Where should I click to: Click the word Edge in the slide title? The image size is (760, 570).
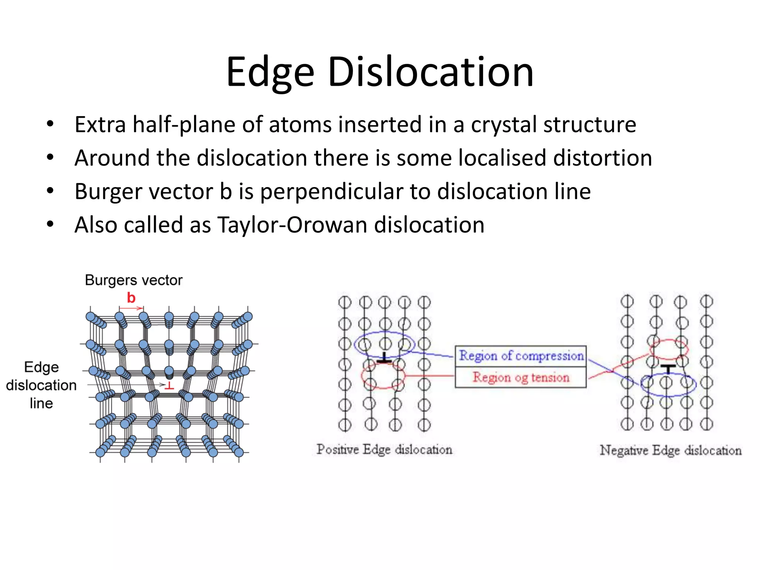(270, 72)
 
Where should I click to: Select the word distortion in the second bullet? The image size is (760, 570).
(602, 158)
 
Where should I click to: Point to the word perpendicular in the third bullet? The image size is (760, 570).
(331, 191)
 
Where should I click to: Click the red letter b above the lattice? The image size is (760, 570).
(131, 298)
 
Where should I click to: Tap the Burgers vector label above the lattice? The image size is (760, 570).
(134, 280)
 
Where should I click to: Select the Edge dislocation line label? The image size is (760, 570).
(41, 385)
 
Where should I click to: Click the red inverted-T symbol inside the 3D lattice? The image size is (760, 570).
(170, 386)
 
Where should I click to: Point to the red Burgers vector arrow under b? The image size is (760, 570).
(131, 308)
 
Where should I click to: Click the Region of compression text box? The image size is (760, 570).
(521, 356)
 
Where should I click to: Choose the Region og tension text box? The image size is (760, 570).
(521, 377)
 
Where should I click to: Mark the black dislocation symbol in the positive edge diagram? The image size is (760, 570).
(384, 358)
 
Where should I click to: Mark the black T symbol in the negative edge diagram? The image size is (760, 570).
(668, 368)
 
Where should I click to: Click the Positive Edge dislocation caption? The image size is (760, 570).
(384, 449)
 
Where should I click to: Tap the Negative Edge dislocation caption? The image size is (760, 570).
(670, 450)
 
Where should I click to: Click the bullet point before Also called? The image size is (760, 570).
(50, 225)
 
